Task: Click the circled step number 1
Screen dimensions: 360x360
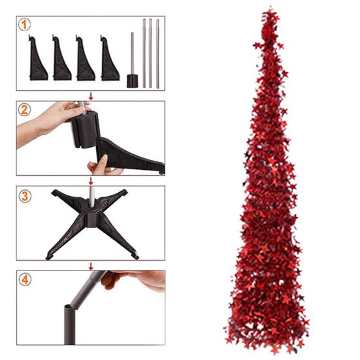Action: [24, 25]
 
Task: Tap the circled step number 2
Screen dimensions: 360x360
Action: [24, 110]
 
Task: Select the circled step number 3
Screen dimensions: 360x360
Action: [25, 196]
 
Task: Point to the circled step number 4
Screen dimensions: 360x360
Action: [25, 280]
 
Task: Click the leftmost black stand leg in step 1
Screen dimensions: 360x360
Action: [37, 59]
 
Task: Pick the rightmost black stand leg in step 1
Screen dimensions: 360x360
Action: [109, 59]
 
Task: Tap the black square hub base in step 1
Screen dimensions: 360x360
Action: [133, 81]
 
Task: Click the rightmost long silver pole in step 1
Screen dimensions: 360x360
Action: [157, 54]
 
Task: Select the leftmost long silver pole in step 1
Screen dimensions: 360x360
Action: [144, 54]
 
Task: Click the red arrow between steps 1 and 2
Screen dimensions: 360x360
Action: [91, 96]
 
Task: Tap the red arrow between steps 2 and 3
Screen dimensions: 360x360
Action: [91, 181]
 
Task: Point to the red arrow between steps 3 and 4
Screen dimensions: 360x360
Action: [91, 267]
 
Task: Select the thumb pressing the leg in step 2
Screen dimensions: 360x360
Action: [103, 161]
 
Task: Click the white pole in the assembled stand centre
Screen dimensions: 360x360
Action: [91, 196]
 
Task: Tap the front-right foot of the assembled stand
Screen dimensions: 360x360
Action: [135, 255]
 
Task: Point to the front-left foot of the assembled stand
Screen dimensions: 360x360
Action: [50, 256]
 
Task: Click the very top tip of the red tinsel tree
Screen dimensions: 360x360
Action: [270, 7]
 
